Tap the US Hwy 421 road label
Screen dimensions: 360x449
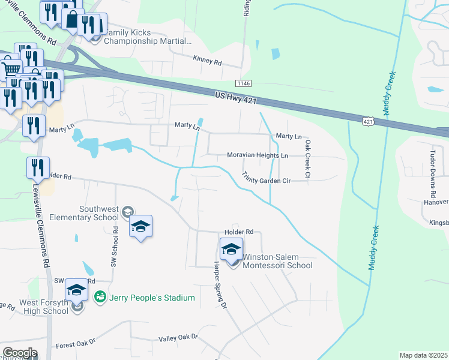(x=238, y=96)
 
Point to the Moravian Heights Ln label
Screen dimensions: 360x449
(x=258, y=155)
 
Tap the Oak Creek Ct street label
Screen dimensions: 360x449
(x=307, y=160)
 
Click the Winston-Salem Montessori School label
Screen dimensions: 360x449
(x=277, y=261)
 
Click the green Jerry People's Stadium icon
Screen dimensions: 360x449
(x=100, y=297)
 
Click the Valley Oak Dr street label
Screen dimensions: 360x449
(x=178, y=338)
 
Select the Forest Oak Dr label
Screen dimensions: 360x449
(x=76, y=344)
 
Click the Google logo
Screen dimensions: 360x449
(x=19, y=353)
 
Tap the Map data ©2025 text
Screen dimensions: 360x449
(x=424, y=356)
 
